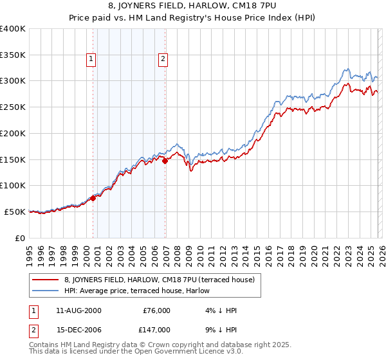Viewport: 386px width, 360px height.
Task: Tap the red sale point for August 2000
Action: tap(93, 198)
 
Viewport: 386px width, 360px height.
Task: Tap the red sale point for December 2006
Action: tap(165, 161)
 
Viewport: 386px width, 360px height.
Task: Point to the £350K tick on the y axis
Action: tap(13, 55)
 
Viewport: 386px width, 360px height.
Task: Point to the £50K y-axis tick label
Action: tap(15, 212)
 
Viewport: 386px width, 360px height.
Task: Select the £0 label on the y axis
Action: tap(20, 238)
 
